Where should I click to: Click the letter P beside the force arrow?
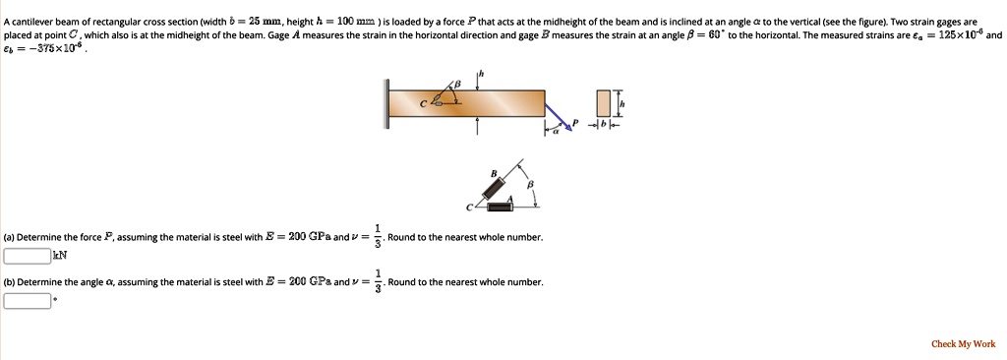click(x=577, y=125)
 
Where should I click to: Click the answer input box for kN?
click(x=27, y=255)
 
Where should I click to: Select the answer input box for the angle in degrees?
click(x=27, y=300)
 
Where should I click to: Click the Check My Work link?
click(x=963, y=344)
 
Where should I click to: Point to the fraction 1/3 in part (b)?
click(x=378, y=282)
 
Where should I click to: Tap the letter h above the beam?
click(x=480, y=74)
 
